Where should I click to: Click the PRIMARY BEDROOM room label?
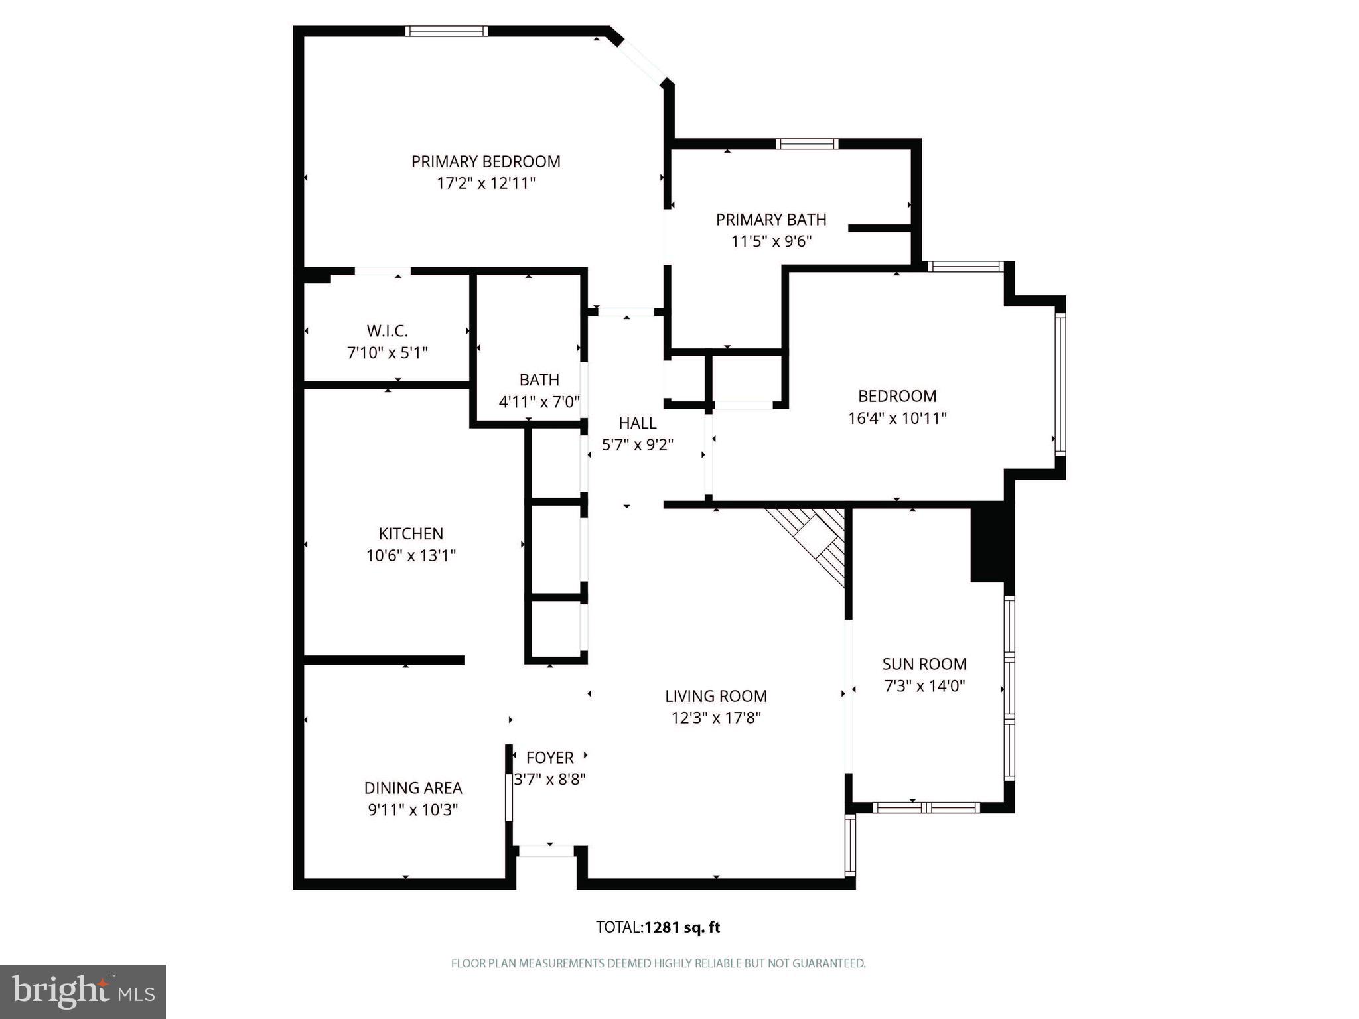coord(486,161)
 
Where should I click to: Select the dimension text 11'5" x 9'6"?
coord(771,241)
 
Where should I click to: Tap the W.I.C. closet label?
coord(388,330)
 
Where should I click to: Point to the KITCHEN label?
coord(411,533)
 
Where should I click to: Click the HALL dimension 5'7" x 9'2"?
coord(638,445)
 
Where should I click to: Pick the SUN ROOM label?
coord(924,664)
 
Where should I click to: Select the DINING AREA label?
coord(413,788)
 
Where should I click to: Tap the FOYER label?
coord(549,758)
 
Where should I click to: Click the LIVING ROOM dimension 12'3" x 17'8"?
coord(716,718)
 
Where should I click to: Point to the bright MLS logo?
coord(83,991)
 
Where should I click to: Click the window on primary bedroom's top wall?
coord(446,31)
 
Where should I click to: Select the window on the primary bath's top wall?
coord(807,143)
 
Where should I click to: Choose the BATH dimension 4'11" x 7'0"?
coord(539,402)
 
